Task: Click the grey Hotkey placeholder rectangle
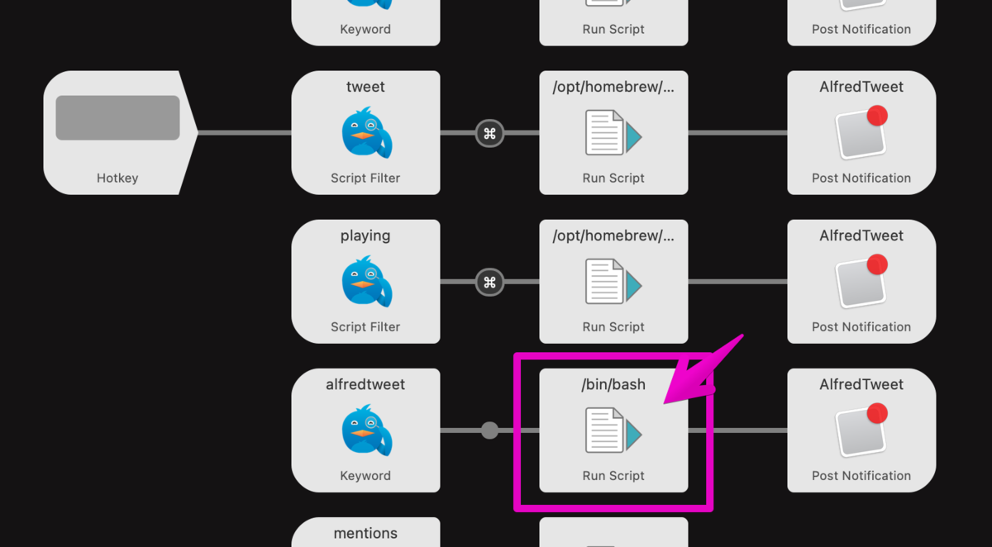click(117, 117)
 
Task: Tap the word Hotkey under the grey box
click(117, 178)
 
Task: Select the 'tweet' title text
click(365, 87)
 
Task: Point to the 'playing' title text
click(365, 235)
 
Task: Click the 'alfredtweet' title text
click(365, 384)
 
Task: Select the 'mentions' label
click(365, 533)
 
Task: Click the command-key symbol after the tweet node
click(489, 133)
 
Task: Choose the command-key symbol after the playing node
click(489, 282)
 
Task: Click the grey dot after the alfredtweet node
click(489, 430)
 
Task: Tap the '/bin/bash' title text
click(613, 384)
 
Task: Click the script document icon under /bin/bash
click(613, 430)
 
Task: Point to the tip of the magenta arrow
click(664, 403)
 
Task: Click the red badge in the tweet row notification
click(877, 116)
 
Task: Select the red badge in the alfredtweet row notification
click(877, 413)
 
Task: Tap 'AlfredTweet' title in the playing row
click(861, 235)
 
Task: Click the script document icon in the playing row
click(613, 282)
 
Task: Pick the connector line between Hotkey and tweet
click(245, 133)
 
